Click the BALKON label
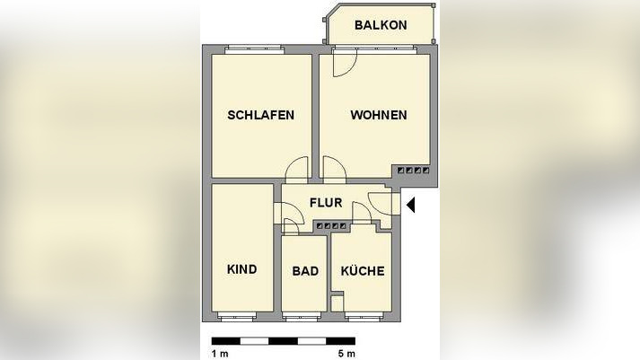[x=381, y=25]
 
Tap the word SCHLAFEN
[x=261, y=115]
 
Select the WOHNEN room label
[x=378, y=115]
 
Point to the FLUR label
[x=326, y=202]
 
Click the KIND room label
[x=242, y=269]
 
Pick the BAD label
[x=305, y=270]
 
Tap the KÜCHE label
[x=363, y=270]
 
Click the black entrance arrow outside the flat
[x=410, y=206]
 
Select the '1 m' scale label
[x=220, y=353]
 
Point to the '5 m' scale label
[x=346, y=353]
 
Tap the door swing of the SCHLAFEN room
[x=297, y=169]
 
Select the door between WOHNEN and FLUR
[x=334, y=169]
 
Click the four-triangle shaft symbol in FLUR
[x=331, y=225]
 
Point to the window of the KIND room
[x=242, y=316]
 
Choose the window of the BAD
[x=304, y=316]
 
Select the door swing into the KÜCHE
[x=362, y=212]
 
